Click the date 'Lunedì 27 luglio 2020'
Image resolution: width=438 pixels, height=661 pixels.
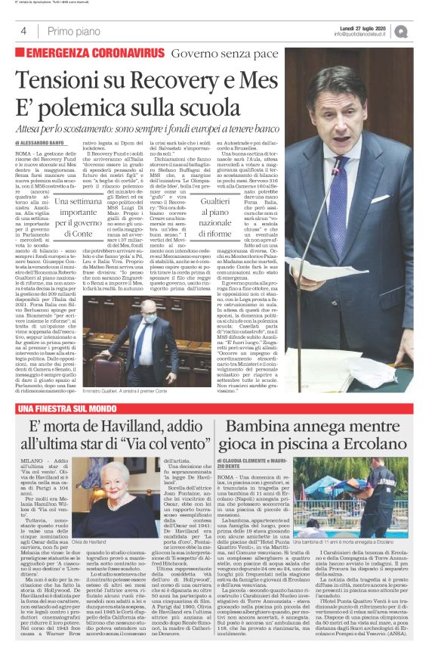[x=369, y=26]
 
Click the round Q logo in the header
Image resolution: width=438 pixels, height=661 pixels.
[x=421, y=31]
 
